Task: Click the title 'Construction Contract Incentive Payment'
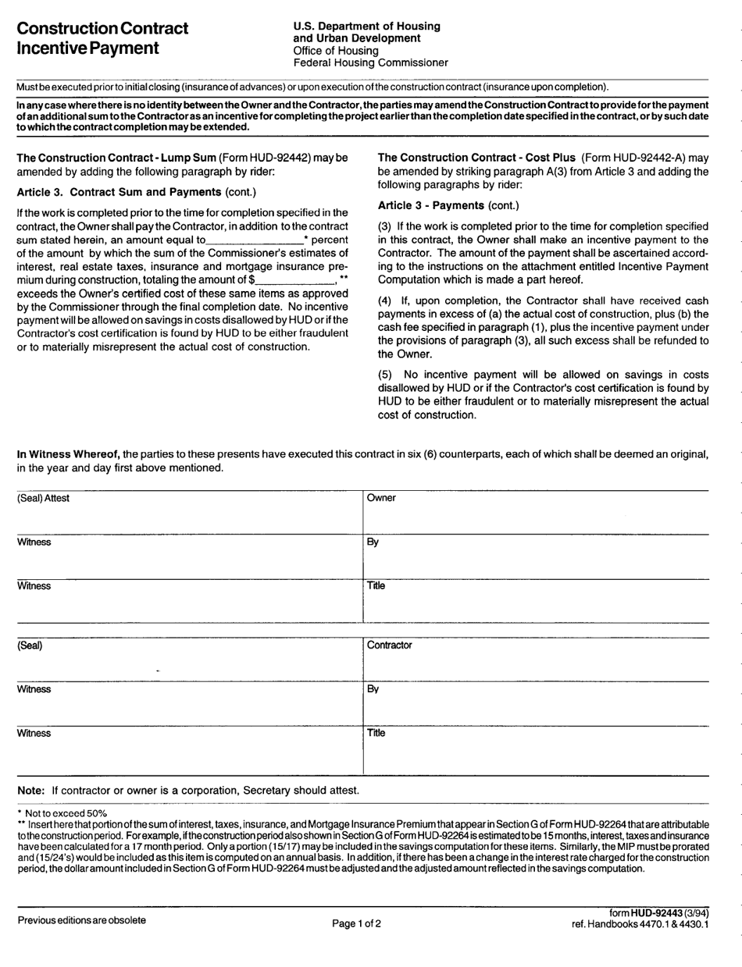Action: tap(102, 38)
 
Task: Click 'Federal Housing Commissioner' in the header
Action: tap(370, 62)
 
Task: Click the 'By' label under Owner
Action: tap(373, 543)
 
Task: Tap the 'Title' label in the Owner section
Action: tap(376, 585)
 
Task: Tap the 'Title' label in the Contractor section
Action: tap(376, 734)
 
